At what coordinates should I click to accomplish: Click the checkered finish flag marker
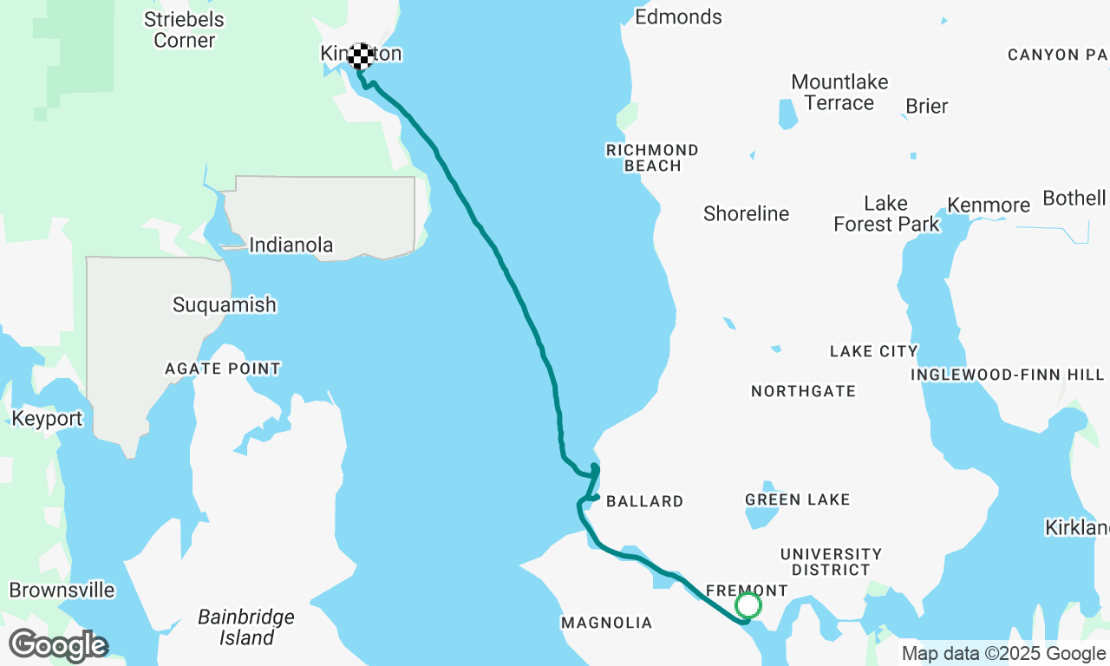coord(361,56)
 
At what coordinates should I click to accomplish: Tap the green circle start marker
coord(748,605)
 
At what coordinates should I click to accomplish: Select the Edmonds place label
coord(678,17)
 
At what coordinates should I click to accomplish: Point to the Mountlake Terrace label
coord(839,93)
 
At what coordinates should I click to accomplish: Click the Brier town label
coord(926,107)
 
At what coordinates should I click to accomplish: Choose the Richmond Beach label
coord(652,158)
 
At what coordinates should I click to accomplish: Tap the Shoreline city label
coord(746,214)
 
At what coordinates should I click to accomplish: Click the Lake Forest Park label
coord(886,214)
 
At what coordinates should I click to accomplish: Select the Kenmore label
coord(989,206)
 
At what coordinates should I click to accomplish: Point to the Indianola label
coord(291,245)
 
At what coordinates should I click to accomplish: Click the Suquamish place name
coord(224,305)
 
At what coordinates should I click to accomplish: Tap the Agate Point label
coord(223,369)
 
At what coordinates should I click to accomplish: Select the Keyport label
coord(47,419)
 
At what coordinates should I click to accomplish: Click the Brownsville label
coord(62,591)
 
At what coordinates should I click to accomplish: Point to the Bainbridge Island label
coord(246,628)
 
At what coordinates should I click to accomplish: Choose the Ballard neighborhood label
coord(644,501)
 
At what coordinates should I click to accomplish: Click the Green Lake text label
coord(797,499)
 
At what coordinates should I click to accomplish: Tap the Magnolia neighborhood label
coord(606,623)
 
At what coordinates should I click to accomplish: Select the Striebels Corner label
coord(184,29)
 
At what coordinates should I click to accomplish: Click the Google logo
coord(58,645)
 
